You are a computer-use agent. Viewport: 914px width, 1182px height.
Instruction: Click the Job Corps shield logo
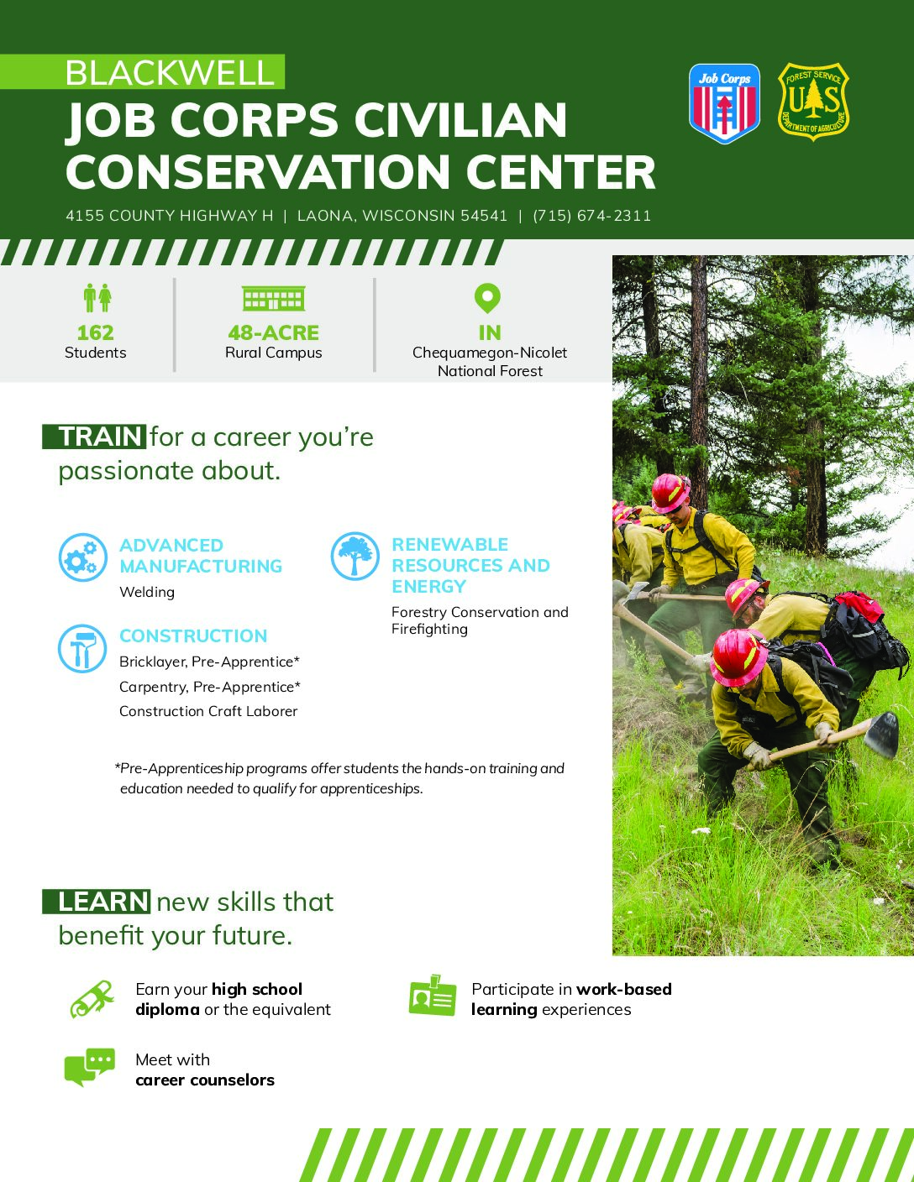point(724,103)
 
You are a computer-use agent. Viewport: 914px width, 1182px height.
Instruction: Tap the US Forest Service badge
point(813,102)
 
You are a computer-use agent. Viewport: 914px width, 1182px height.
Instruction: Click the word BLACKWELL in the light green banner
point(170,73)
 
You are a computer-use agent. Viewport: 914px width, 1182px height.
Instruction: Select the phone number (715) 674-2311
point(591,216)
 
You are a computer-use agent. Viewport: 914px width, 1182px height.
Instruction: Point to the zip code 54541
point(483,216)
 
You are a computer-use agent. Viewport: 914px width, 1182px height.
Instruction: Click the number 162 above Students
point(95,332)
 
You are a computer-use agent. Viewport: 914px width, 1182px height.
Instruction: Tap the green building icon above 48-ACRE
point(273,298)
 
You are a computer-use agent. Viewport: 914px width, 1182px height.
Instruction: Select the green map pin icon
point(487,298)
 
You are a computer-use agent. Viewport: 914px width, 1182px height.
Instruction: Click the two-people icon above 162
point(97,297)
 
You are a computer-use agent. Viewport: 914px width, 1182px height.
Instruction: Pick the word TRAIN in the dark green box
point(100,437)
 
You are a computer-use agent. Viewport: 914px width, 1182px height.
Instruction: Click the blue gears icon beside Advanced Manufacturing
point(82,557)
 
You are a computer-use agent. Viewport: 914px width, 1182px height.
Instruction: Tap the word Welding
point(147,592)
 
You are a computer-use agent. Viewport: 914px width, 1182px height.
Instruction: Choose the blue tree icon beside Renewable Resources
point(355,556)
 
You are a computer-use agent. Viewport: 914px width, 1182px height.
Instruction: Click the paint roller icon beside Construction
point(82,648)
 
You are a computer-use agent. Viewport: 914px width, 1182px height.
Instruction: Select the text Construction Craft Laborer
point(208,711)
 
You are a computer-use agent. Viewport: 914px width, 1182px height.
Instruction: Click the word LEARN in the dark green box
point(102,902)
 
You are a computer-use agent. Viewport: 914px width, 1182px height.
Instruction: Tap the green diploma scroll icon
point(92,999)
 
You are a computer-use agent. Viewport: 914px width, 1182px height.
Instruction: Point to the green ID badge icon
point(433,996)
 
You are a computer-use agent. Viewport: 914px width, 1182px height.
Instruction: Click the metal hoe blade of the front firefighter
point(881,735)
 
